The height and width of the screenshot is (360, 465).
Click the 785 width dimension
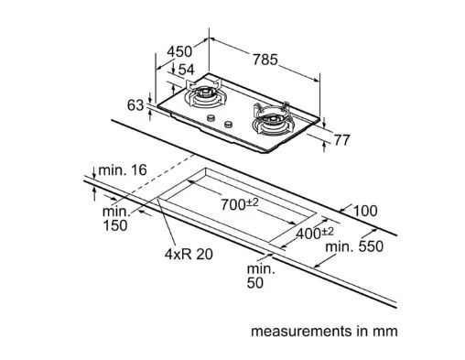click(265, 60)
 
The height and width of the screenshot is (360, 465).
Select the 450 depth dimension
click(179, 51)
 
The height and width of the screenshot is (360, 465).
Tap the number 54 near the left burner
click(186, 70)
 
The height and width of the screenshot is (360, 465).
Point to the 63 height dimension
click(135, 105)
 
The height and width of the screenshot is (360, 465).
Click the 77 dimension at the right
click(341, 140)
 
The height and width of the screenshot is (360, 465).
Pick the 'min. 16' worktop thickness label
click(123, 169)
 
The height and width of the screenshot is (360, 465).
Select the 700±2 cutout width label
click(240, 204)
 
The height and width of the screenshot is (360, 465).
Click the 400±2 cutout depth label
click(315, 233)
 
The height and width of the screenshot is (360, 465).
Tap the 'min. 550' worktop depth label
click(354, 246)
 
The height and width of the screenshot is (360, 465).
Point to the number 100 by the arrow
click(365, 211)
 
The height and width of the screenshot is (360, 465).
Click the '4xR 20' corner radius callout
click(189, 254)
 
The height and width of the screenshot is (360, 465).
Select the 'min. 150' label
click(115, 219)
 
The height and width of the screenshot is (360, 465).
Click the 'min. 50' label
click(261, 276)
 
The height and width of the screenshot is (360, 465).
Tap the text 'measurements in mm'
click(324, 331)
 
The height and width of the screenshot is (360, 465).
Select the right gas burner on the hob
click(272, 120)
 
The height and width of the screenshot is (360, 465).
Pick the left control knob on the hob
click(211, 118)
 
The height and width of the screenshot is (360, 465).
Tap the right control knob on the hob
click(228, 125)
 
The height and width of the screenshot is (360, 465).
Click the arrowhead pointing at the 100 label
click(342, 210)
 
